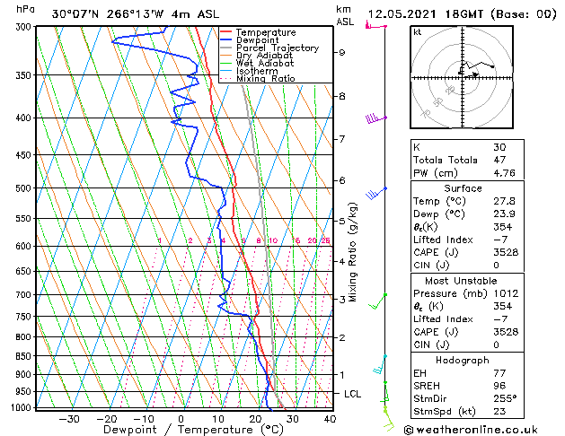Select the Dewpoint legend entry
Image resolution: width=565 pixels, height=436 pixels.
(257, 39)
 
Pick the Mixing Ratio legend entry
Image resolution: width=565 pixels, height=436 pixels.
(265, 79)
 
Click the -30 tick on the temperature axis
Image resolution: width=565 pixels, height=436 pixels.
(68, 419)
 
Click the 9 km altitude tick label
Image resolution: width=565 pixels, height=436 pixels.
(342, 52)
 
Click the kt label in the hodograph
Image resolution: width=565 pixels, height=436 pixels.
(418, 32)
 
